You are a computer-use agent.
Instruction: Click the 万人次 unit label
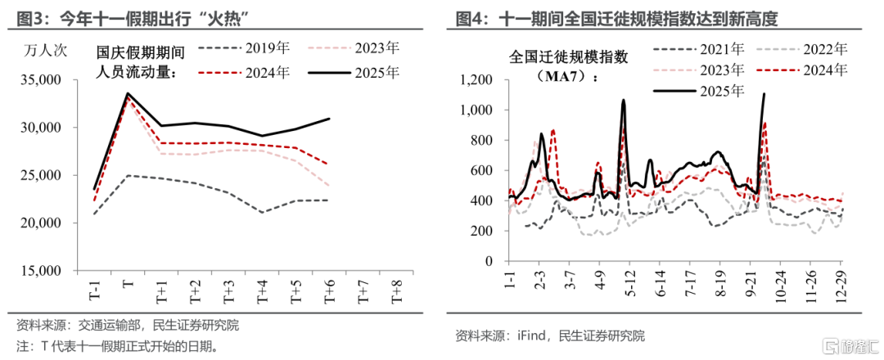click(46, 52)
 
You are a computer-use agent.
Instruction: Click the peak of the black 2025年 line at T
click(129, 93)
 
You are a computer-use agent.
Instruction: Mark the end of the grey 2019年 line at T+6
click(327, 200)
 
